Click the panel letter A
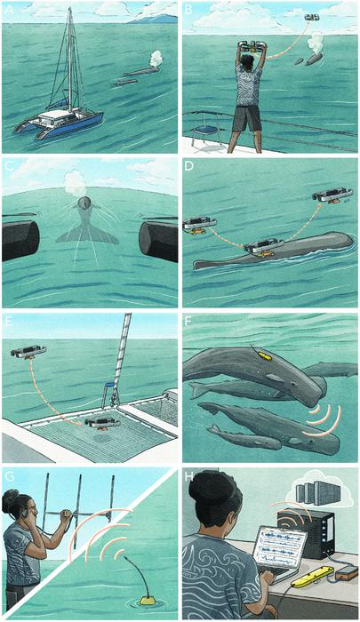click(8, 10)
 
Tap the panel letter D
click(188, 166)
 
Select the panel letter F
click(188, 321)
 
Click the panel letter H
click(188, 475)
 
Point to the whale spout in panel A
click(156, 59)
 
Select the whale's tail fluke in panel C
click(87, 230)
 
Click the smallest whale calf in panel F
click(244, 437)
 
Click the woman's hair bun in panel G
click(9, 497)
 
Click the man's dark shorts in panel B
click(247, 118)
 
